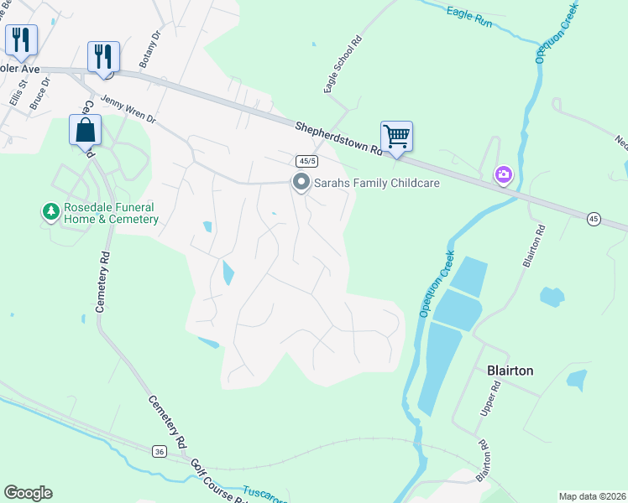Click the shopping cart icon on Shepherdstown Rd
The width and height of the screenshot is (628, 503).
[396, 136]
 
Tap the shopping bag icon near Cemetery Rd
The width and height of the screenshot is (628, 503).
[85, 130]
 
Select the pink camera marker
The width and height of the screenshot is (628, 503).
[504, 174]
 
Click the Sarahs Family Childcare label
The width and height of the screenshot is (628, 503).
[378, 183]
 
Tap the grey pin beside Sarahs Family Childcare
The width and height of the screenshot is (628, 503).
[301, 182]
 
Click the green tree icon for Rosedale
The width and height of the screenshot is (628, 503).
[51, 212]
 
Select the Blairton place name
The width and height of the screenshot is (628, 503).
[510, 370]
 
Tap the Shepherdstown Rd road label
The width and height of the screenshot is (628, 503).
[338, 139]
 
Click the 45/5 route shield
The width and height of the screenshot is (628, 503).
[306, 160]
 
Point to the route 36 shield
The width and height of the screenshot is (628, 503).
[160, 452]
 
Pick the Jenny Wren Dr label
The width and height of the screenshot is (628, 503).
[128, 108]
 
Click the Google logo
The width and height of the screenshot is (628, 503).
[28, 493]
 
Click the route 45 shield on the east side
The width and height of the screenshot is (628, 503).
[594, 219]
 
